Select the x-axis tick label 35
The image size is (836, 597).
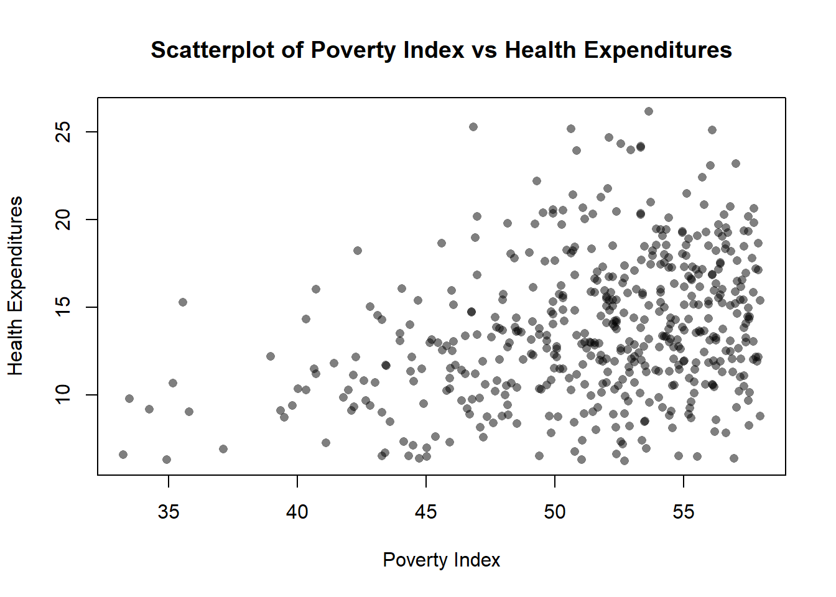[x=169, y=512]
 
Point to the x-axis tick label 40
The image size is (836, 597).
[x=297, y=512]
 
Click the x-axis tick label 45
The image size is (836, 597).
[x=426, y=512]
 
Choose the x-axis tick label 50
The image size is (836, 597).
[x=555, y=512]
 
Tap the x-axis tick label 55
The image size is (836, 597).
[x=684, y=512]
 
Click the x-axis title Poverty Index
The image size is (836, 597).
[x=441, y=560]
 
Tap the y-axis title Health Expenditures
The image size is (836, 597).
[x=16, y=286]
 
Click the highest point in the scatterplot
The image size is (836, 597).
[x=649, y=111]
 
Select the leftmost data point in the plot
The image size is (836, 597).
[x=123, y=455]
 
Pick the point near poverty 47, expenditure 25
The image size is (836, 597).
[x=473, y=127]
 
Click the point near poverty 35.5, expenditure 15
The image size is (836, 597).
[x=183, y=302]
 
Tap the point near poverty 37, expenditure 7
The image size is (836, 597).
[x=223, y=449]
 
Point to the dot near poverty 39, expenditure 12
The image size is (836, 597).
[x=271, y=356]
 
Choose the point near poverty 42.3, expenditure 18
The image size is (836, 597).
[x=358, y=251]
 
